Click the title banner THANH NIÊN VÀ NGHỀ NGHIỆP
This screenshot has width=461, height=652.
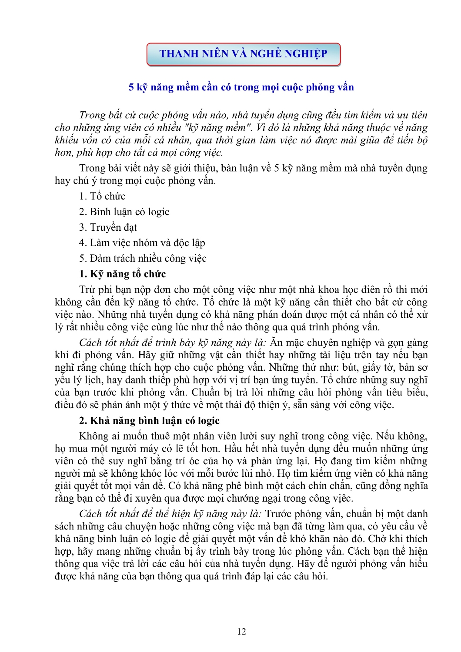pyautogui.click(x=243, y=54)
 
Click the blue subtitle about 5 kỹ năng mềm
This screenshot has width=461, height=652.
pyautogui.click(x=241, y=87)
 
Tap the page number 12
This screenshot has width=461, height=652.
pyautogui.click(x=241, y=632)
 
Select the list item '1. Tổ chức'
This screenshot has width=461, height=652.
pyautogui.click(x=102, y=196)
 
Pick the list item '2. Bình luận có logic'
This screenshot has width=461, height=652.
pyautogui.click(x=124, y=212)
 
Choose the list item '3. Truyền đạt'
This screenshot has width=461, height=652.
pyautogui.click(x=108, y=228)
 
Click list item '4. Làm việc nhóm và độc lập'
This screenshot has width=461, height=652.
pyautogui.click(x=142, y=243)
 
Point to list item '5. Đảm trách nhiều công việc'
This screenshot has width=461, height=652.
pyautogui.click(x=143, y=259)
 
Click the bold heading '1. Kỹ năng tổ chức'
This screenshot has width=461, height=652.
pyautogui.click(x=122, y=274)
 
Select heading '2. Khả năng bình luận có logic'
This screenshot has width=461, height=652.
pyautogui.click(x=149, y=421)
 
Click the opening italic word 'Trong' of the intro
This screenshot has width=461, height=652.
pyautogui.click(x=92, y=115)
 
